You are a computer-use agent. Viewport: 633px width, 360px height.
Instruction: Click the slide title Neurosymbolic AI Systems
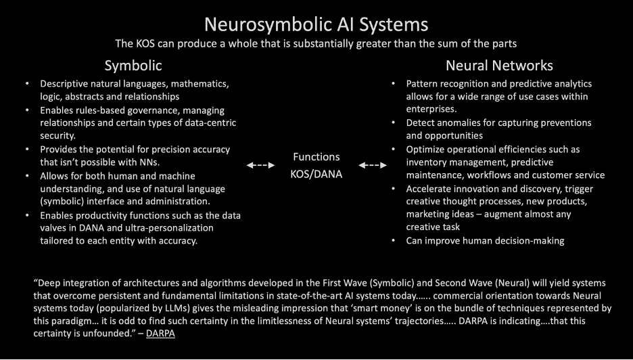coord(316,24)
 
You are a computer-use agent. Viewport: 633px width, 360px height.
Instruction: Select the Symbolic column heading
coord(133,66)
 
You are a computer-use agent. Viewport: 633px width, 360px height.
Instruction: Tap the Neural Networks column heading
coord(499,66)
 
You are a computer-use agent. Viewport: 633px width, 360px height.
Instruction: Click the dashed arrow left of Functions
coord(260,165)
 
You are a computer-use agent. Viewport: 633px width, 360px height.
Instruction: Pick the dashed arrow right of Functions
coord(373,165)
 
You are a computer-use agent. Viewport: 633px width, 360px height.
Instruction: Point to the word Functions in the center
coord(316,157)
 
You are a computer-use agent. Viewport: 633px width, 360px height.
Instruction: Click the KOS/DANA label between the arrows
coord(316,173)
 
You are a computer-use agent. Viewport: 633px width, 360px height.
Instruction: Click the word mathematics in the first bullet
coord(200,84)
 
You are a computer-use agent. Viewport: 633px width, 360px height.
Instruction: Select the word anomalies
coord(463,122)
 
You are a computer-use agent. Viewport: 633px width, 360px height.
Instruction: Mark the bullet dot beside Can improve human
coord(394,240)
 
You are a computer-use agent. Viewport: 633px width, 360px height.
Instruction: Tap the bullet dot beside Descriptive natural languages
coord(27,84)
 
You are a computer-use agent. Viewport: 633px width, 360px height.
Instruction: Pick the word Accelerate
coord(431,188)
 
